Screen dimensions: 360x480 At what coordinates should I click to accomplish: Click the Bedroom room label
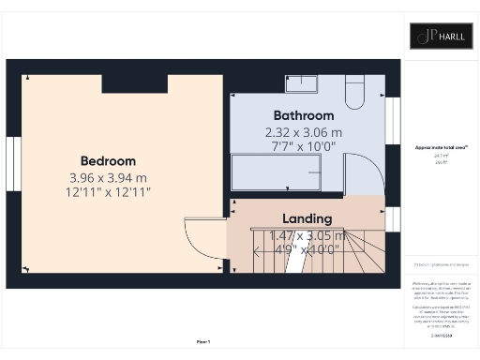click(109, 161)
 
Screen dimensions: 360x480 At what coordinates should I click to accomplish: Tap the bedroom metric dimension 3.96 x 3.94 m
click(109, 177)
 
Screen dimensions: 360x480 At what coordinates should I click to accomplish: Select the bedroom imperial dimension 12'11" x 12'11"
click(109, 191)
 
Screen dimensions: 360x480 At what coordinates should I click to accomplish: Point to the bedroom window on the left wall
click(14, 165)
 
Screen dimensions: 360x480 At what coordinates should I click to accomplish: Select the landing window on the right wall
click(393, 218)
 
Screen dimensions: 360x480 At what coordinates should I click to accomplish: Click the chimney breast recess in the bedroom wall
click(135, 84)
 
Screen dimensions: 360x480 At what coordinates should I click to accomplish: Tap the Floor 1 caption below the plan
click(203, 340)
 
